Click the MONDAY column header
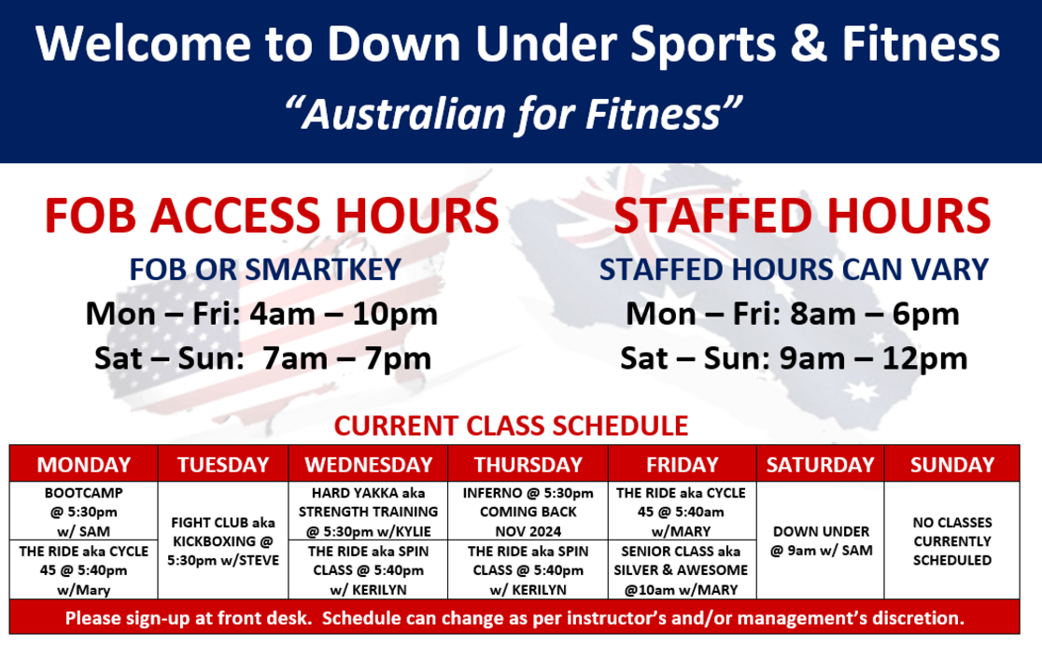[x=84, y=464]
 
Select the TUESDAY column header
[x=223, y=464]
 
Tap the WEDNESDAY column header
[x=368, y=464]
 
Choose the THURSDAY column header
[x=528, y=464]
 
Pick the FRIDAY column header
[x=683, y=464]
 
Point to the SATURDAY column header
[x=821, y=464]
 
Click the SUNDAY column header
[x=952, y=464]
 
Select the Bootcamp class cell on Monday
[x=84, y=511]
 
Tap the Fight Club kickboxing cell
[x=223, y=540]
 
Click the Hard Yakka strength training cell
[x=368, y=511]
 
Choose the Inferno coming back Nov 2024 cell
[x=528, y=511]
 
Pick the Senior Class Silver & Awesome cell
[x=683, y=570]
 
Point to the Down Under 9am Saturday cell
[x=821, y=540]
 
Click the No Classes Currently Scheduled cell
[x=952, y=540]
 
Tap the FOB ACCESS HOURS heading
[x=272, y=216]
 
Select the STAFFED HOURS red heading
[x=802, y=216]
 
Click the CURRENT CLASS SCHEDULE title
[x=511, y=426]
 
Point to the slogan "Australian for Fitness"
[x=513, y=114]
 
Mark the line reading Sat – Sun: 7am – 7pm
[x=263, y=358]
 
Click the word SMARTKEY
[x=323, y=270]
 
